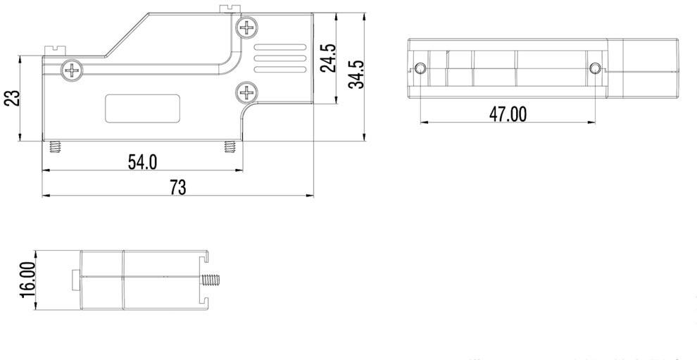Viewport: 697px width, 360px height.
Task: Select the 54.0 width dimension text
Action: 142,162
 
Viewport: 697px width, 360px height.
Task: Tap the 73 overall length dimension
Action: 177,187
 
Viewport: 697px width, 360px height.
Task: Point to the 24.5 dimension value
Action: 328,58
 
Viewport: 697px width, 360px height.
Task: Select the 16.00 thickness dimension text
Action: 27,279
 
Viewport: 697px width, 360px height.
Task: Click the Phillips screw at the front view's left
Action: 73,70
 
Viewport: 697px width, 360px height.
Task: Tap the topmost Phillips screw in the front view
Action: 247,29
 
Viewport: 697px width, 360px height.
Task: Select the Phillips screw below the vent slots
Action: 247,91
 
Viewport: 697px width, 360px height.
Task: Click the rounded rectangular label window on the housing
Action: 144,108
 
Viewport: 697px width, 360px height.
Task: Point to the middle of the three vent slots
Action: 280,59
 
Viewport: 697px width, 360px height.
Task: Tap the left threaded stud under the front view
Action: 54,147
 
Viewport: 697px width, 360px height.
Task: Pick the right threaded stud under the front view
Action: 229,147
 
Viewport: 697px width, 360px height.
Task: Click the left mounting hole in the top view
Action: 421,68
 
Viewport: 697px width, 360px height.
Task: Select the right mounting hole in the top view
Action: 596,68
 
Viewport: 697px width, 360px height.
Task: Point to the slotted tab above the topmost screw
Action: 227,8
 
